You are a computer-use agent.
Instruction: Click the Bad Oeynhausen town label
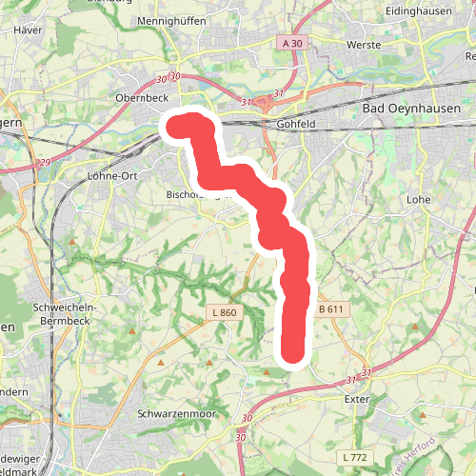[412, 109]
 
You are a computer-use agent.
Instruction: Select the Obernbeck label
[143, 97]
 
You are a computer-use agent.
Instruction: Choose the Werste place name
[365, 45]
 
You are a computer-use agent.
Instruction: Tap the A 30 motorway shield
[291, 43]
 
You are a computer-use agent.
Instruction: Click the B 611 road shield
[329, 309]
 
